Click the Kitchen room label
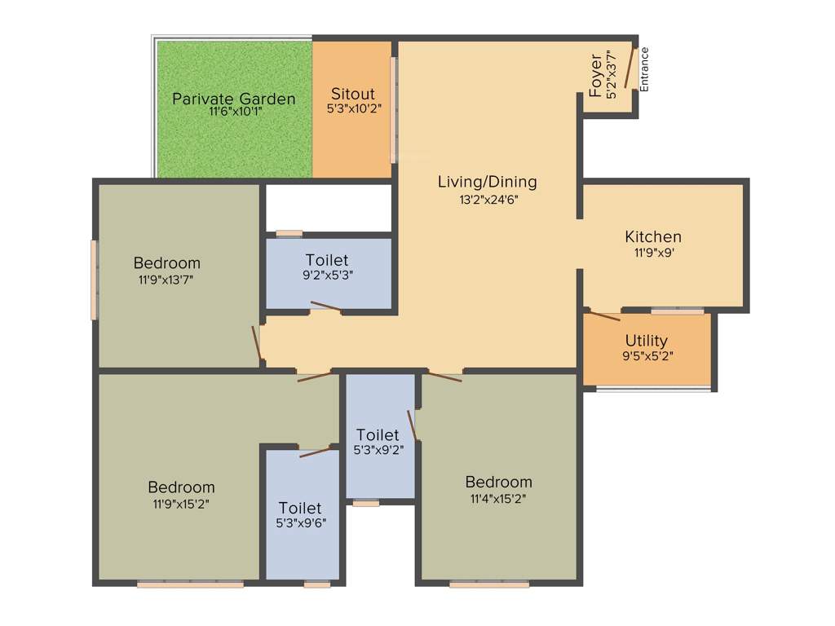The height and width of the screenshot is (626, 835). pos(653,237)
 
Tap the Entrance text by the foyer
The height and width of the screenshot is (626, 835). pos(644,69)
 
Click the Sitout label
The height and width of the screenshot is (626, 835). pos(352,93)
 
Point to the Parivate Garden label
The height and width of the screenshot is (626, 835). pos(234,99)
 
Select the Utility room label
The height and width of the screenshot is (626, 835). pos(647,341)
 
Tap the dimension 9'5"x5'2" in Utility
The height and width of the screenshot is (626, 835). pos(647,355)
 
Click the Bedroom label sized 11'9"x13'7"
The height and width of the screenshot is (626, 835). pos(167,263)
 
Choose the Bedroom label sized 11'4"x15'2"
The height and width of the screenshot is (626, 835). pos(498,482)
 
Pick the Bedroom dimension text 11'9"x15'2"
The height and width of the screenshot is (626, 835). pos(182,503)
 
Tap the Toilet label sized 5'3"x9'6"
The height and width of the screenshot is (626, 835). pos(300,508)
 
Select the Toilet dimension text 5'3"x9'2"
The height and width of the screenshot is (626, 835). pos(378,448)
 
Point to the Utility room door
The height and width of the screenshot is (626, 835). pos(603,315)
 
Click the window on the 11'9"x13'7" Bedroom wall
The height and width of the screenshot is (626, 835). pos(95,280)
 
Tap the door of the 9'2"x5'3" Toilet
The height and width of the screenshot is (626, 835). pos(325,307)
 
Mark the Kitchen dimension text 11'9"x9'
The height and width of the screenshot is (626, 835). pos(653,253)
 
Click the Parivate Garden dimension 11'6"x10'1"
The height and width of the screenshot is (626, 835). pos(235,113)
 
